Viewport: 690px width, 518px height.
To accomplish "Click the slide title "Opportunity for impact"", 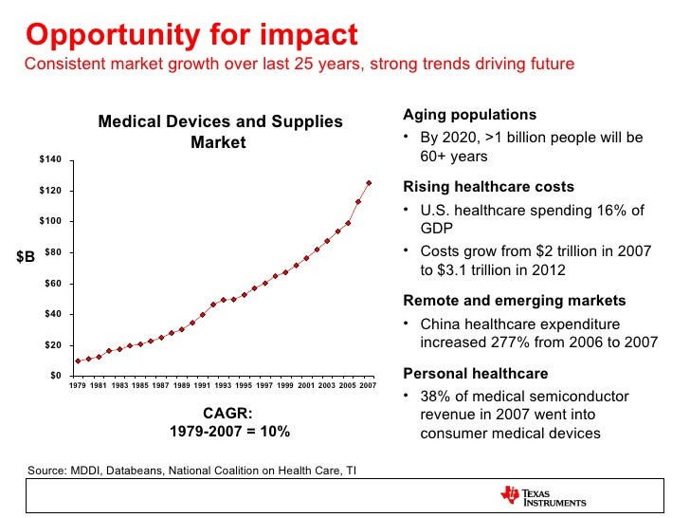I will coord(191,35).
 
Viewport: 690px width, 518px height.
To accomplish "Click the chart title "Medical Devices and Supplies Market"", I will coord(220,132).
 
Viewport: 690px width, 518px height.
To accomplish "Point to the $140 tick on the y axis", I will coord(50,158).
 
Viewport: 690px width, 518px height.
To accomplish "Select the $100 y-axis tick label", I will coord(50,221).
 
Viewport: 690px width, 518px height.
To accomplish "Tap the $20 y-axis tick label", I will coord(53,344).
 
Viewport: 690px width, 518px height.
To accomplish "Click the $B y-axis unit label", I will coord(27,256).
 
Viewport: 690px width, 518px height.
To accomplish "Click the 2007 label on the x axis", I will coord(369,386).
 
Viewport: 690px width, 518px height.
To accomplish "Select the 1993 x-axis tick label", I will coord(225,386).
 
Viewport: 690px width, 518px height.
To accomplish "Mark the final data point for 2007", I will coord(369,183).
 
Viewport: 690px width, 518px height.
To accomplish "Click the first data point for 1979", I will coord(78,361).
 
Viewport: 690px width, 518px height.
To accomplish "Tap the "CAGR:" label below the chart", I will coord(228,413).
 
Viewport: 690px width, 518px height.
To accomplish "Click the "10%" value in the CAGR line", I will coord(275,431).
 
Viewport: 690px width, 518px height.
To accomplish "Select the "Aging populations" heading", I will coord(469,115).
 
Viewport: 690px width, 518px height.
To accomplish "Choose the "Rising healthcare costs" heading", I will coord(488,187).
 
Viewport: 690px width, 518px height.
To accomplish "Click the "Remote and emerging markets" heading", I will coord(514,301).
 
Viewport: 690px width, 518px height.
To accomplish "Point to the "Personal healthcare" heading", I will coord(475,373).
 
